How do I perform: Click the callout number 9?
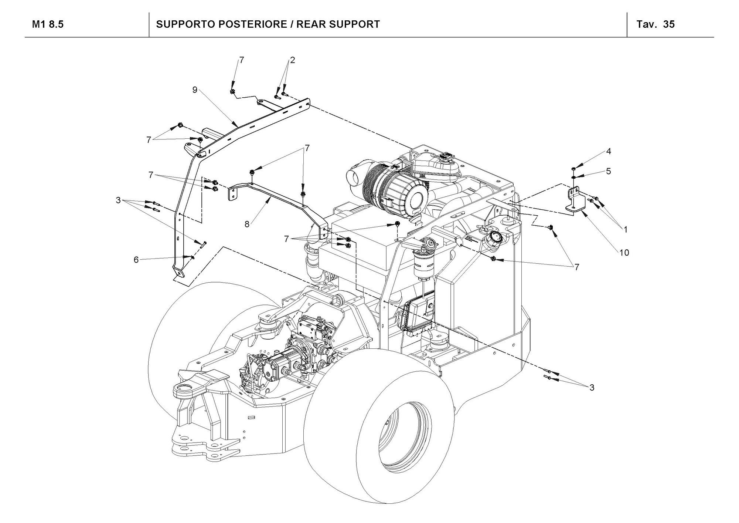click(x=195, y=90)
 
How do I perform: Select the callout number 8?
click(x=247, y=224)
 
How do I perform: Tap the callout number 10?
click(x=624, y=253)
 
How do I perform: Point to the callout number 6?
click(x=136, y=260)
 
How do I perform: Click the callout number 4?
click(x=609, y=151)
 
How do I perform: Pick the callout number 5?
click(x=609, y=171)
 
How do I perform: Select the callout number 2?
click(x=292, y=60)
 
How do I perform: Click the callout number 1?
click(x=626, y=230)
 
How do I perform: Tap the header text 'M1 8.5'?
click(x=48, y=24)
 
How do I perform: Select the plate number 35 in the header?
click(x=669, y=24)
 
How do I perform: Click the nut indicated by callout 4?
click(x=572, y=169)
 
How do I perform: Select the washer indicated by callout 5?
click(x=572, y=177)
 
